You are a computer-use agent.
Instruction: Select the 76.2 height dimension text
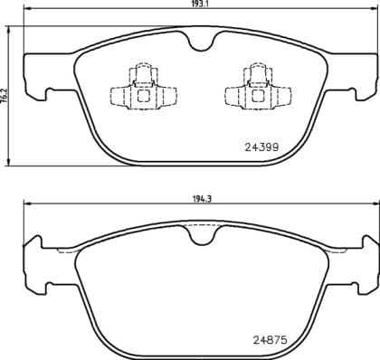(x=5, y=93)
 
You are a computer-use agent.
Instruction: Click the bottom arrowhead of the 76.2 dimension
(x=11, y=161)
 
